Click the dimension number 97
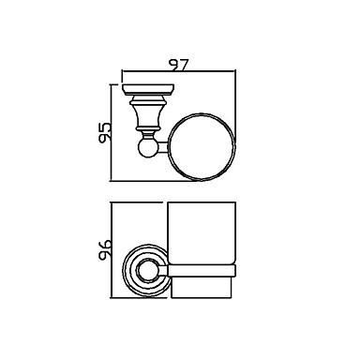coord(178,65)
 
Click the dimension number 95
coord(104,132)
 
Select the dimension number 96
coord(104,250)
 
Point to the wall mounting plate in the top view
coord(148,90)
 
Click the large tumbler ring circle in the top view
coord(170,147)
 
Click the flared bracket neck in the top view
coord(148,115)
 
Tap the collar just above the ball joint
coord(148,135)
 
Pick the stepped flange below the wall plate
coord(148,100)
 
